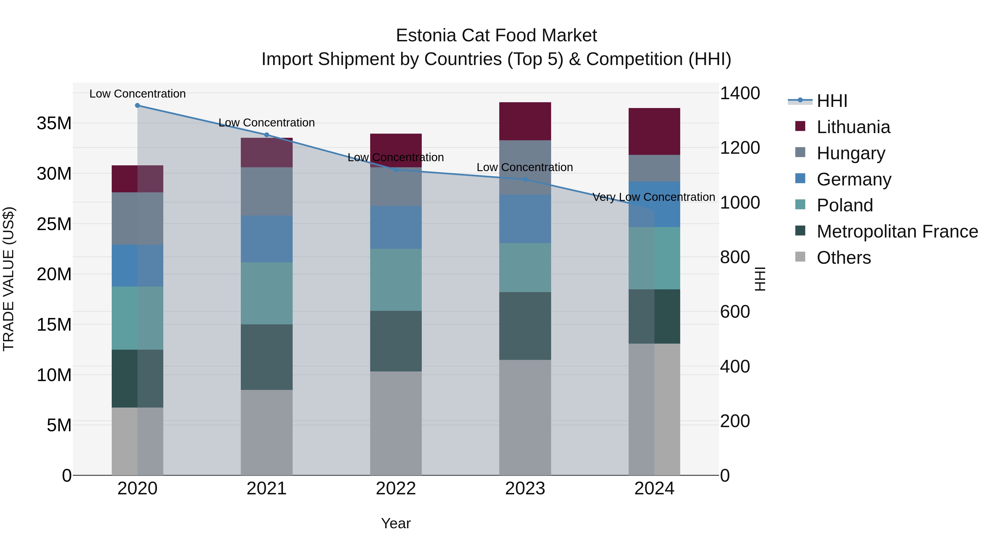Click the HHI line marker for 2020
137,105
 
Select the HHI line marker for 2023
525,179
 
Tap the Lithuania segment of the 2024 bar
654,131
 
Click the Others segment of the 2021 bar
266,432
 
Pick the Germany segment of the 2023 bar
525,219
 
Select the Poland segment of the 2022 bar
396,280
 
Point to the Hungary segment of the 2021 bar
266,192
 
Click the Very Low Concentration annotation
653,197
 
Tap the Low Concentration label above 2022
396,158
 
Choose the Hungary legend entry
850,153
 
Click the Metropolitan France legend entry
897,231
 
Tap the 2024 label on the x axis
654,489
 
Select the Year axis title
396,523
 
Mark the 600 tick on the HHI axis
735,312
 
